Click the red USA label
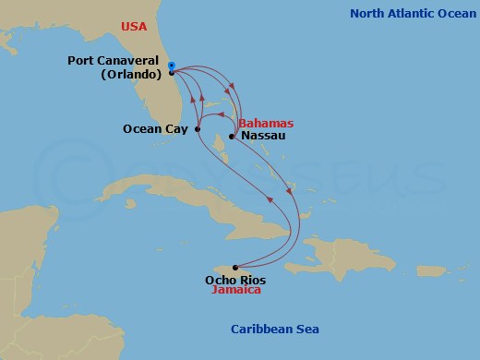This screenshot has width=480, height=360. tap(134, 26)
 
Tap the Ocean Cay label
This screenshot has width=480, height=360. tap(156, 129)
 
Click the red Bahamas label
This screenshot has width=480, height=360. tap(266, 123)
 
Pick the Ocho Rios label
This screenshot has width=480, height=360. tap(234, 278)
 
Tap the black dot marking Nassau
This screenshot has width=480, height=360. tap(232, 137)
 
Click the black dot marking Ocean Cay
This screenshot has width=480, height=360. tap(198, 129)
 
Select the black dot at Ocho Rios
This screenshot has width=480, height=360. tap(234, 267)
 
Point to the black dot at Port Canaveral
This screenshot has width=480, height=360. tap(172, 72)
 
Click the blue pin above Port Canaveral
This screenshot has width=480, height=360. tap(172, 65)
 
